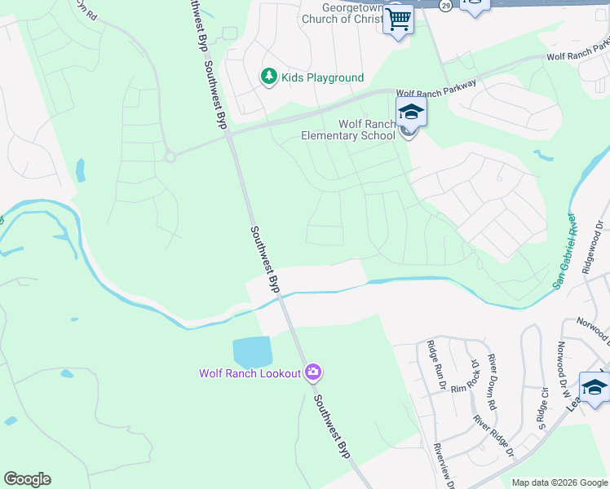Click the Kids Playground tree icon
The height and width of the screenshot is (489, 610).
click(x=268, y=77)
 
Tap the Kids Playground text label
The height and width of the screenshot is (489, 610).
click(x=322, y=78)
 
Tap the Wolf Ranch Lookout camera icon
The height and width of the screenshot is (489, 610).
click(x=313, y=373)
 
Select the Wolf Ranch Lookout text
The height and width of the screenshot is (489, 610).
click(x=250, y=374)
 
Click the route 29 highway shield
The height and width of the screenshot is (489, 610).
click(x=444, y=5)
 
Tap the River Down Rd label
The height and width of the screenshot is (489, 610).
click(x=493, y=381)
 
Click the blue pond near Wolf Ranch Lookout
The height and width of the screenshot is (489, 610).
click(x=252, y=351)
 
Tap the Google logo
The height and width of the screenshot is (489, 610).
click(x=27, y=479)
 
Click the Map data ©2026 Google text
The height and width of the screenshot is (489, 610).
click(x=559, y=482)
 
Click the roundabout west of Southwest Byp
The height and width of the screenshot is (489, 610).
click(x=170, y=156)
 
